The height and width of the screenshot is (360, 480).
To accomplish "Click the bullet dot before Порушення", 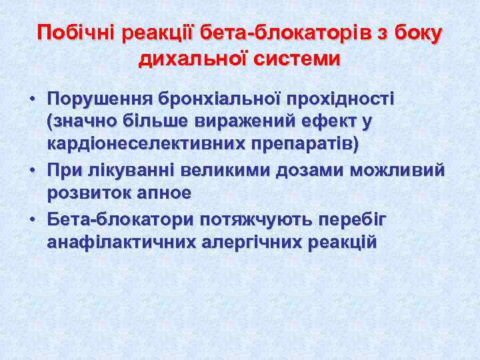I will (x=31, y=100).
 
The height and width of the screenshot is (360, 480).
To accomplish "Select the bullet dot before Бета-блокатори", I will (x=31, y=221).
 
